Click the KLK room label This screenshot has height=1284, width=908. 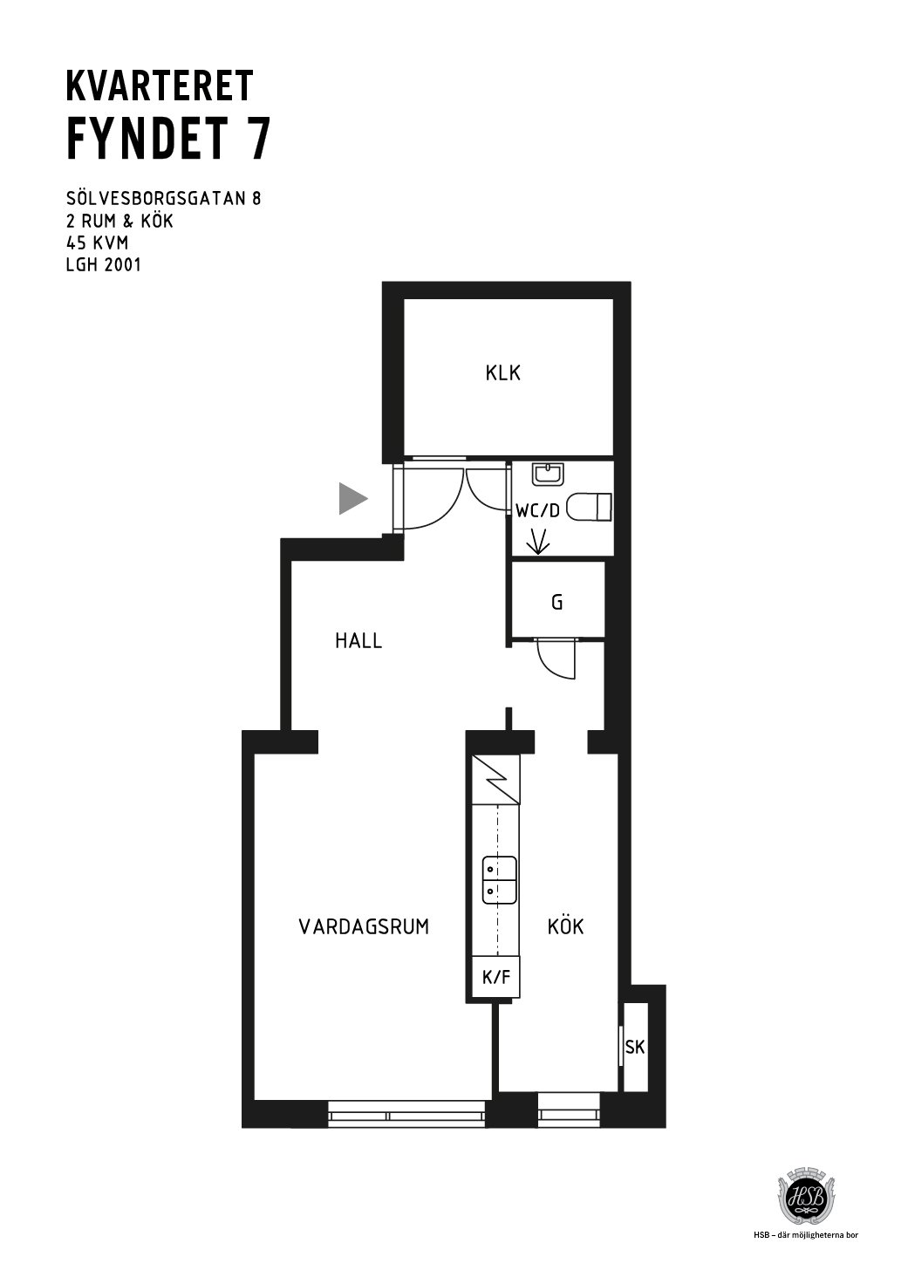(502, 373)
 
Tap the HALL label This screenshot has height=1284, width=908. (358, 641)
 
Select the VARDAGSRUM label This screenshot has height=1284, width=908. (364, 927)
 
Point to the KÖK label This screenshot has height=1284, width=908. (565, 925)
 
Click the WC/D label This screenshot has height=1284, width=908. (537, 511)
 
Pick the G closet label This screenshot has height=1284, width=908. (556, 603)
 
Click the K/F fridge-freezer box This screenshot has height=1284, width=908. (495, 977)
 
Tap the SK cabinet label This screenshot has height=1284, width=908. (635, 1048)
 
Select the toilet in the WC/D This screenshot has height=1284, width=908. (590, 508)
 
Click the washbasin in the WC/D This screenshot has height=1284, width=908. (549, 474)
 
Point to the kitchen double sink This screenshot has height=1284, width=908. (499, 880)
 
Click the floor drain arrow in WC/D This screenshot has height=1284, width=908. (537, 541)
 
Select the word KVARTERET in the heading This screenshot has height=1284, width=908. (160, 86)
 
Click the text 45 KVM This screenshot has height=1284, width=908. (98, 243)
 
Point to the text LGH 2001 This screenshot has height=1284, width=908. (104, 265)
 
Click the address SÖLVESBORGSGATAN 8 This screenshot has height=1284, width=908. (164, 198)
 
